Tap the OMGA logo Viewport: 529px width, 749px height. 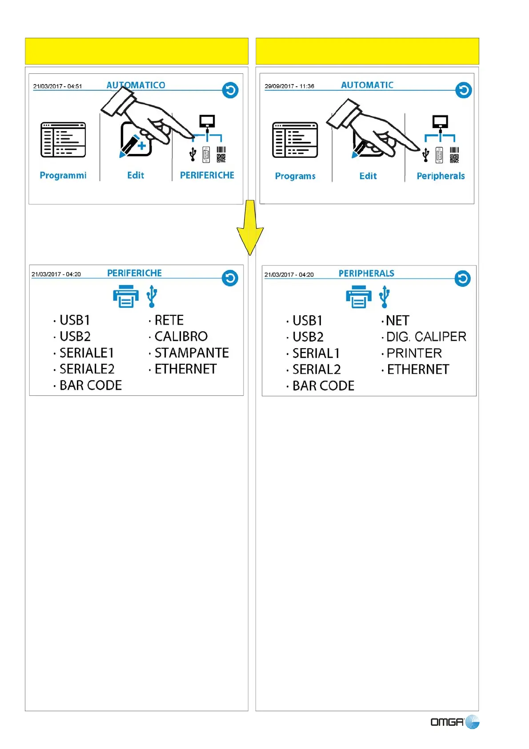(454, 721)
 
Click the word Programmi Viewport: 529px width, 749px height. (63, 175)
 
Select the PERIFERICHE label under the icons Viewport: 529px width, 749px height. (207, 175)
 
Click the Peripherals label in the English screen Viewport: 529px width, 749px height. (441, 176)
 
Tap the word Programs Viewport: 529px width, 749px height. (295, 176)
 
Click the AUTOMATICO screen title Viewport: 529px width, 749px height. (136, 85)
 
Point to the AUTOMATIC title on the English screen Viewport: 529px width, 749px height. (367, 85)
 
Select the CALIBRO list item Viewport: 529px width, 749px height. (180, 336)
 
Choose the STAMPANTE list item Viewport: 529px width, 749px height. (191, 353)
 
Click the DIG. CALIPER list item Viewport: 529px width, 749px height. (426, 337)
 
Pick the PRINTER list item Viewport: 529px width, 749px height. (414, 353)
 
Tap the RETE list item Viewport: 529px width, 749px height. (168, 320)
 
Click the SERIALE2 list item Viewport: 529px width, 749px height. (87, 369)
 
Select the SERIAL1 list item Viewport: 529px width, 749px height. (316, 354)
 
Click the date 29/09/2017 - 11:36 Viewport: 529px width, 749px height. (289, 86)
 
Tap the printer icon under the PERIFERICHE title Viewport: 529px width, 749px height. (125, 297)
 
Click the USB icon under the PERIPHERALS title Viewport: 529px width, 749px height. (385, 297)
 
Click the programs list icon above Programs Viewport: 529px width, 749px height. (295, 140)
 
